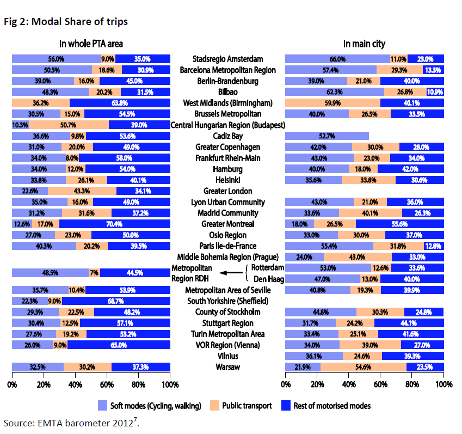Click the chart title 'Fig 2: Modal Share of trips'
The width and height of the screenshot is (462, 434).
[x=65, y=22]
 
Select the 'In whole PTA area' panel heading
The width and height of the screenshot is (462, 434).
[x=91, y=44]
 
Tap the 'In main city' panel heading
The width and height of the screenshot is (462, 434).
[x=365, y=44]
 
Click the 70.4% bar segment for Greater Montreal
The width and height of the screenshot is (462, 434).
[x=114, y=224]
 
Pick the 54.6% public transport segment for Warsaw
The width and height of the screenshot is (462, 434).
[x=360, y=367]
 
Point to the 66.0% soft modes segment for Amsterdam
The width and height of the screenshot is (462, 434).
[x=337, y=59]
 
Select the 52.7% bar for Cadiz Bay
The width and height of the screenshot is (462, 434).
[x=327, y=136]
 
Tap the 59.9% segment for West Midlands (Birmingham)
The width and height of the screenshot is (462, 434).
[x=332, y=103]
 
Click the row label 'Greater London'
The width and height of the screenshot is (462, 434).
[x=227, y=191]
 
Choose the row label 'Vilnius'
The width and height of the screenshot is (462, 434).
[x=227, y=356]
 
